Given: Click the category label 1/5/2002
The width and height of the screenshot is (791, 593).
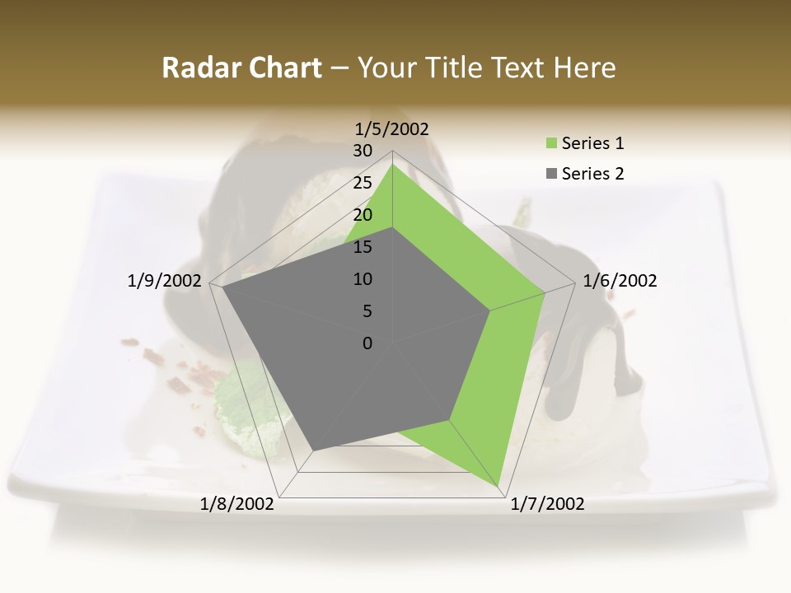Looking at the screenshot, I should (x=392, y=128).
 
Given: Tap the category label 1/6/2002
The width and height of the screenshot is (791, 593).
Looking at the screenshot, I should (x=620, y=281).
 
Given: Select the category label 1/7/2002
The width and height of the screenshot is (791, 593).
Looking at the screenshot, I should (x=547, y=504).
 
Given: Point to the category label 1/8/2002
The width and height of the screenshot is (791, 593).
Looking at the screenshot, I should (x=237, y=504).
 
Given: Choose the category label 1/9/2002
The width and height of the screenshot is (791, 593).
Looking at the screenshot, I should (x=164, y=281).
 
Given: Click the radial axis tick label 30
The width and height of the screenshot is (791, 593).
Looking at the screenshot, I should (x=363, y=151).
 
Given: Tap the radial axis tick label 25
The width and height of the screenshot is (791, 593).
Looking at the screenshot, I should (x=363, y=183).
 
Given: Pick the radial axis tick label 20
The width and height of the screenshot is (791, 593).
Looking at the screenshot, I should (x=363, y=215).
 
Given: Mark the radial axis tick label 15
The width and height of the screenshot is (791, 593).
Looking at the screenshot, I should (x=363, y=247).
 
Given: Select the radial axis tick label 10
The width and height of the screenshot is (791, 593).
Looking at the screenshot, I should (x=363, y=279).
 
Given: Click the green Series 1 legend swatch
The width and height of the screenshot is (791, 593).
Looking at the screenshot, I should (x=551, y=144).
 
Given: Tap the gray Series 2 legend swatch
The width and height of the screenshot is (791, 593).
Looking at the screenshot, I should (x=551, y=174).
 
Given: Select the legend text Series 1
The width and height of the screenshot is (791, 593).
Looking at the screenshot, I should (x=592, y=143).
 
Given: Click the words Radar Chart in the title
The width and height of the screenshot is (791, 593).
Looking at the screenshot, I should (x=241, y=68).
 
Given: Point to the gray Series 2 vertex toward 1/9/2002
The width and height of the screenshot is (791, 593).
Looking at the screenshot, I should (x=222, y=287).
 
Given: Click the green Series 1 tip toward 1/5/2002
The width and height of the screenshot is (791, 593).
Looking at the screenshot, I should (x=392, y=165).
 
